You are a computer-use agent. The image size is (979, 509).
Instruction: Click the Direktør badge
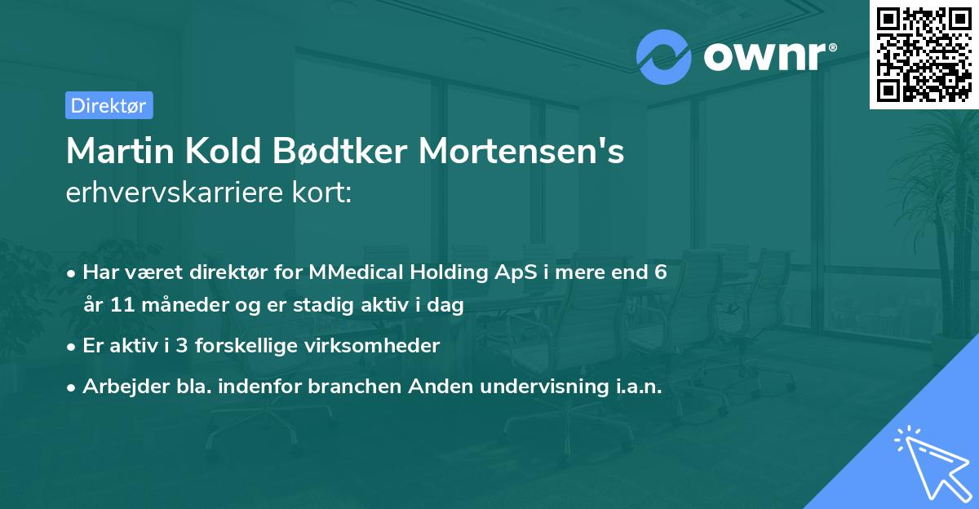click(109, 105)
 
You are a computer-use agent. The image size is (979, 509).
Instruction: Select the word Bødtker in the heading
click(329, 152)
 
